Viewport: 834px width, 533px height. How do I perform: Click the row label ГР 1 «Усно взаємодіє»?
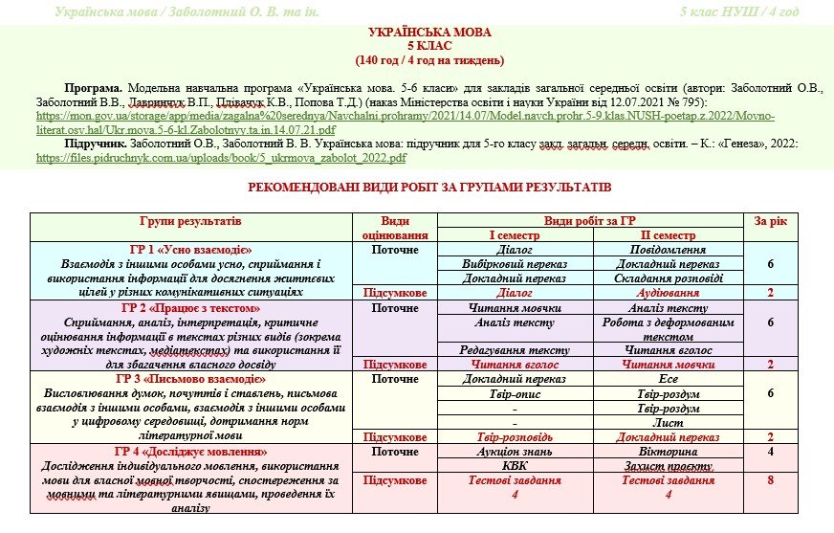(x=190, y=250)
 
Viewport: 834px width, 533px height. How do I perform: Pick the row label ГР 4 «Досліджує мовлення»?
(x=190, y=452)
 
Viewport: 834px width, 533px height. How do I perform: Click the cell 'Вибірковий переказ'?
(x=515, y=264)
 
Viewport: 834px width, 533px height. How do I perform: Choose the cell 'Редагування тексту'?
(x=515, y=350)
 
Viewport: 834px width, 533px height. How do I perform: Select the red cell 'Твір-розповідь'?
(x=515, y=437)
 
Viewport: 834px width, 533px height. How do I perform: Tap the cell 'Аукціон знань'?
(x=515, y=452)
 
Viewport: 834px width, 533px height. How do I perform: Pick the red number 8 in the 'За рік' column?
(x=770, y=481)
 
